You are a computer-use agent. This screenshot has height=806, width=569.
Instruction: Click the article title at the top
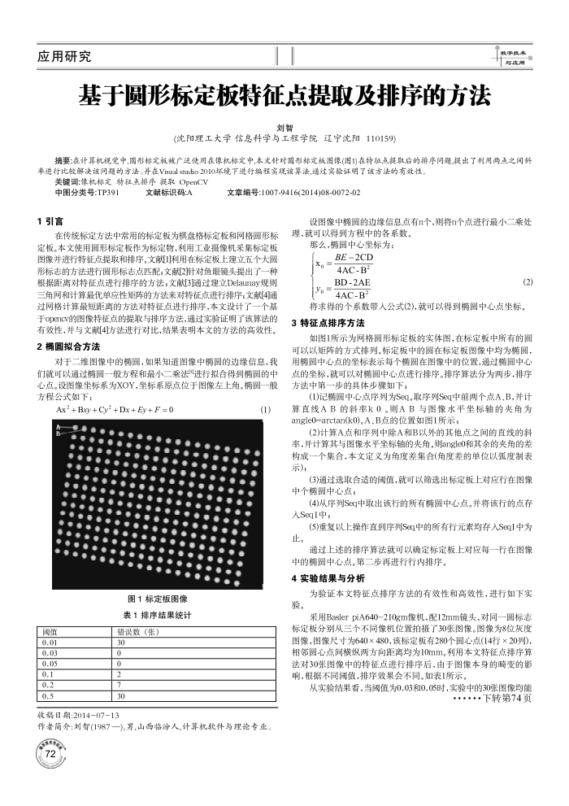tap(284, 98)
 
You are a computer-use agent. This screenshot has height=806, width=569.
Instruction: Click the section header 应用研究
tap(64, 56)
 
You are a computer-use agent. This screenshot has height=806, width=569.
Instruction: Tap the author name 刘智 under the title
tap(284, 128)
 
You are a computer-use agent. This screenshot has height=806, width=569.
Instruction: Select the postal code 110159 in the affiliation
tap(380, 139)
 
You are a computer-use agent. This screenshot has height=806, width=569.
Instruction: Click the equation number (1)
tap(264, 409)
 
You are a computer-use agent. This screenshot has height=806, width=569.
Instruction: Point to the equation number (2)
tap(528, 281)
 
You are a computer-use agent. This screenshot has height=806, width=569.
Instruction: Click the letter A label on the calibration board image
tap(57, 426)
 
